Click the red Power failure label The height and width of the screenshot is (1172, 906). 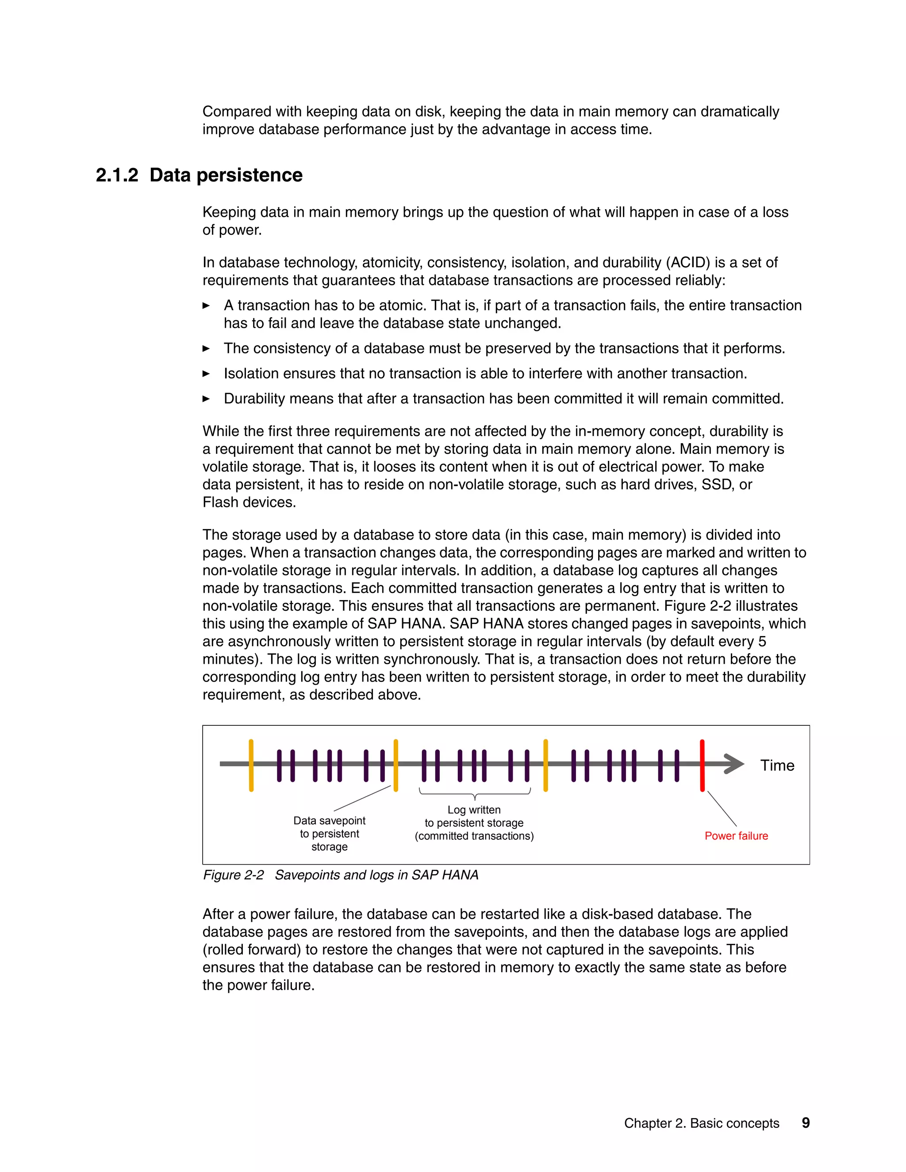pos(736,835)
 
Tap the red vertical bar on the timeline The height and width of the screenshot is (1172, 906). pos(702,766)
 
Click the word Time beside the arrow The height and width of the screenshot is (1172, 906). pos(777,765)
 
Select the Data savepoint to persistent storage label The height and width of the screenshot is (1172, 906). pos(329,833)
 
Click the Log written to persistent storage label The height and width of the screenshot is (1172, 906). pos(474,823)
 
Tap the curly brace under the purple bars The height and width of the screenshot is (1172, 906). pos(475,794)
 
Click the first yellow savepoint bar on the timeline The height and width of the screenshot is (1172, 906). pos(251,766)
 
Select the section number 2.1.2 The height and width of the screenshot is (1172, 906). pos(116,175)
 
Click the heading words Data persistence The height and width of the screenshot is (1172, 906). pos(226,175)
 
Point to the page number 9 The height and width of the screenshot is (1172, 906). pos(805,1122)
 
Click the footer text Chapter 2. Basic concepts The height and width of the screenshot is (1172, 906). pos(701,1123)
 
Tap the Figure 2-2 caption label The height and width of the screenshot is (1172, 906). pos(233,875)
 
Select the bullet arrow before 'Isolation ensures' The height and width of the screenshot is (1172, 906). pos(206,374)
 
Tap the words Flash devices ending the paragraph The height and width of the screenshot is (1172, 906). pos(249,502)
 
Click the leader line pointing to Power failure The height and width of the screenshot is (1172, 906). pos(722,808)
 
